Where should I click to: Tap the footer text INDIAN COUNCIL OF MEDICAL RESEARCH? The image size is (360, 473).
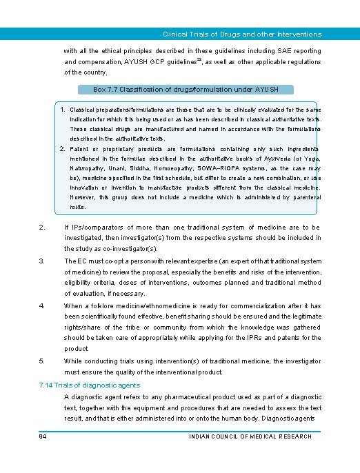pos(250,436)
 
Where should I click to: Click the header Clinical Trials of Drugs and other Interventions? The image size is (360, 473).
pos(241,34)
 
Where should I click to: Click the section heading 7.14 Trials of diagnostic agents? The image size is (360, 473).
pos(90,385)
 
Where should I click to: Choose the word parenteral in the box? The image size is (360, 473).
pos(303,197)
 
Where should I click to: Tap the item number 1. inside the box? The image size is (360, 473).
pos(63,110)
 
